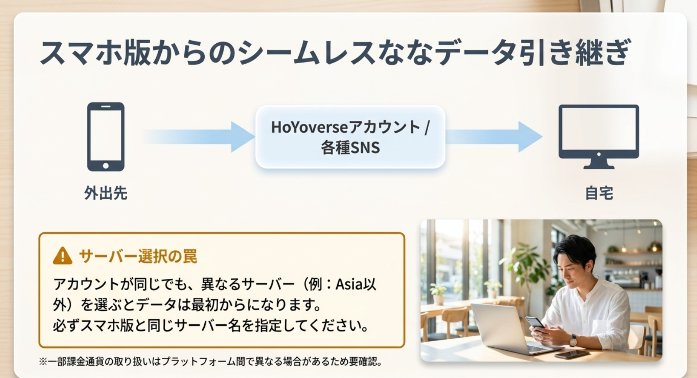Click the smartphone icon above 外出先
pyautogui.click(x=106, y=136)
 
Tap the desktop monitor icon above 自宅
pyautogui.click(x=598, y=136)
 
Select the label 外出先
pyautogui.click(x=106, y=193)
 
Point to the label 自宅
pyautogui.click(x=599, y=193)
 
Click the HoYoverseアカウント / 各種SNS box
pyautogui.click(x=350, y=137)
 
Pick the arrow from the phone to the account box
pyautogui.click(x=199, y=136)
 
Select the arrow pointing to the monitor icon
pyautogui.click(x=494, y=136)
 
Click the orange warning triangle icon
pyautogui.click(x=62, y=256)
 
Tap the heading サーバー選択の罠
pyautogui.click(x=138, y=256)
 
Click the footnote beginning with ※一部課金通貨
pyautogui.click(x=210, y=362)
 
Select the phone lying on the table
pyautogui.click(x=572, y=354)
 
